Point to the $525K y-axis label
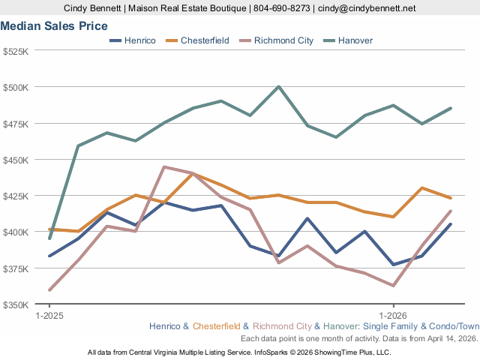point(16,52)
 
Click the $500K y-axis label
point(16,87)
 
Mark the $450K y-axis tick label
point(16,160)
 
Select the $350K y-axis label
point(16,304)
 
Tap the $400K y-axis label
point(16,232)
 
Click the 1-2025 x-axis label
point(49,316)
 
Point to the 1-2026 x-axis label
point(394,316)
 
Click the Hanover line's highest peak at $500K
point(279,86)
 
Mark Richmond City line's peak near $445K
point(164,167)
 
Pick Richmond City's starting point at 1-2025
point(49,289)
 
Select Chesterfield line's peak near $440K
point(193,173)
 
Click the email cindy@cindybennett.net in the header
point(367,8)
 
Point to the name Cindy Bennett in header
point(95,8)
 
